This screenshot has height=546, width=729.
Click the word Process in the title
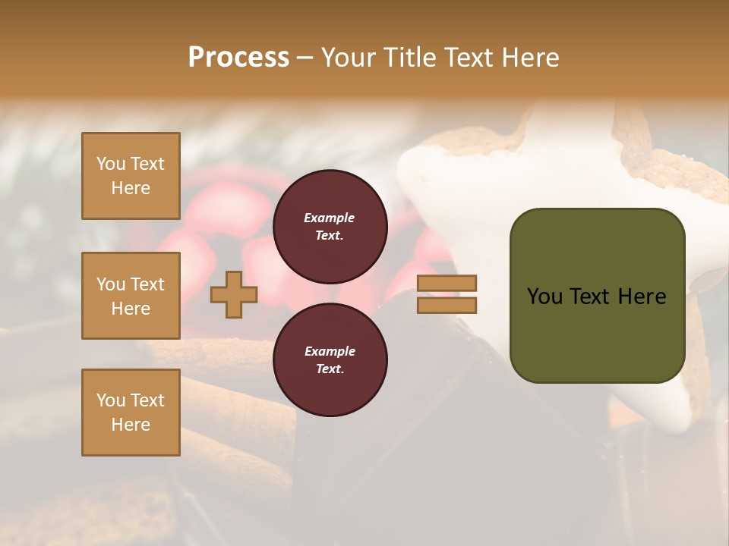point(238,58)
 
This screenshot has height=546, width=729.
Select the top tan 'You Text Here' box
point(131,176)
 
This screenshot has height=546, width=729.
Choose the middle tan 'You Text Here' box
point(131,296)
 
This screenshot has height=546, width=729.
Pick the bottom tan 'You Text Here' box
point(131,413)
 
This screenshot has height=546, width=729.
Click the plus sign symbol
point(234,294)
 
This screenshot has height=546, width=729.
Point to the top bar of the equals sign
point(447,284)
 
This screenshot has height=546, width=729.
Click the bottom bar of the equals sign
point(447,305)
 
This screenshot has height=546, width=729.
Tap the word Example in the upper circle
point(330,218)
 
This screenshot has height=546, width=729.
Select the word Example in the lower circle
point(330,351)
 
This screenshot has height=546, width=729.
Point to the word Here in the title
point(531,58)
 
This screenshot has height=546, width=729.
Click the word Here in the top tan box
point(131,188)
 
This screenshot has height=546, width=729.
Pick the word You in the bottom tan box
point(111,400)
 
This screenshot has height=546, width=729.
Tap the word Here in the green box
point(642,297)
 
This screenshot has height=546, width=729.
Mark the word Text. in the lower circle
point(330,369)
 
